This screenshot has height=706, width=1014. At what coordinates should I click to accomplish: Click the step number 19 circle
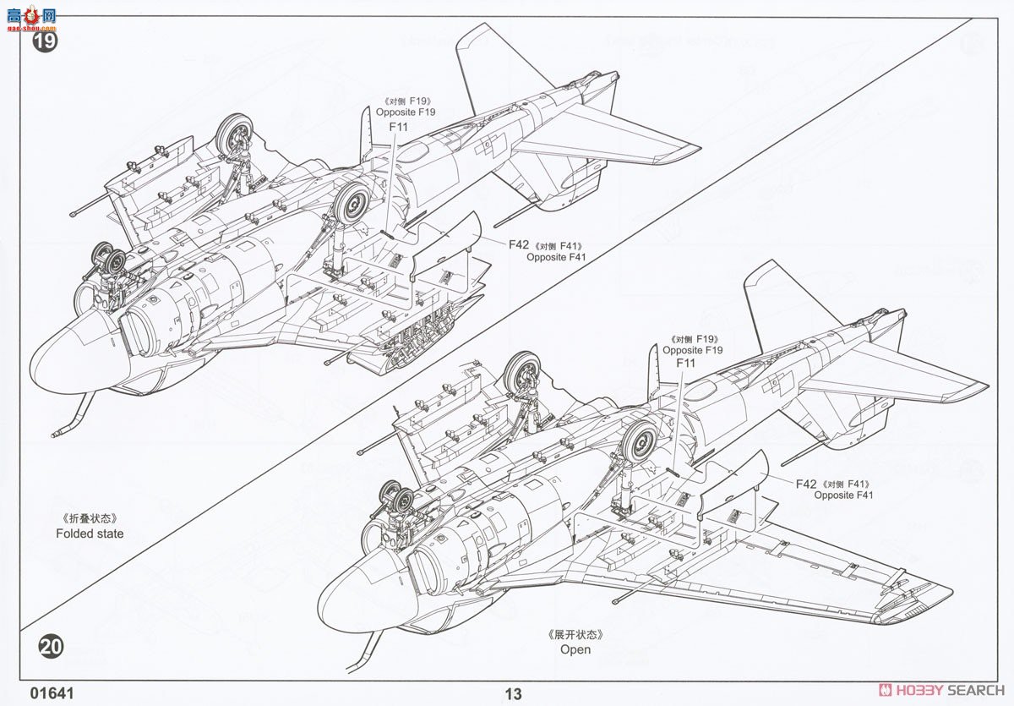tap(45, 41)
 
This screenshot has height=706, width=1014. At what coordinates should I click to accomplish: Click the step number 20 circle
tap(51, 647)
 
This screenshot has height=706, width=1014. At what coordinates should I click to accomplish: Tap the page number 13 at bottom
tap(513, 694)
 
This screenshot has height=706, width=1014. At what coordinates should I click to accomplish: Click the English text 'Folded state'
tap(90, 534)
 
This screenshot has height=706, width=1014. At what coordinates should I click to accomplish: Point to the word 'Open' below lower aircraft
tap(575, 649)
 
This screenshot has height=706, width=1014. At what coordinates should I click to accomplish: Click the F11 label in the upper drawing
tap(398, 127)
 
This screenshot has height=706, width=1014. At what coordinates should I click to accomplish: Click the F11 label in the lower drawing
tap(685, 364)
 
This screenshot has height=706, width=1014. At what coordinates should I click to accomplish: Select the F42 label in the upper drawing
tap(519, 244)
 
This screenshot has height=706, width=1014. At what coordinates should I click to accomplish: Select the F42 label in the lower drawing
tap(806, 484)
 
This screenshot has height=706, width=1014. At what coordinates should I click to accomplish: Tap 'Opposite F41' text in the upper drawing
tap(556, 257)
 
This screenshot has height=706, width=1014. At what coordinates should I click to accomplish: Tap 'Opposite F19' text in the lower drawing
tap(693, 350)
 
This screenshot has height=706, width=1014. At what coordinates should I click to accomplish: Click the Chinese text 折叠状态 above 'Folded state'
tap(89, 518)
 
